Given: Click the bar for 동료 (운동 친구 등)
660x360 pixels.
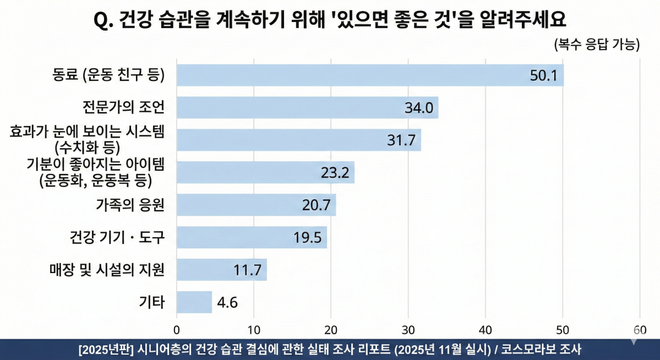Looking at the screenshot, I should point(370,75).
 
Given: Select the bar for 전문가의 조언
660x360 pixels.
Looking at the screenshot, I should point(307,107).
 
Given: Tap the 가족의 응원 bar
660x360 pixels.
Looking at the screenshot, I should point(256,205).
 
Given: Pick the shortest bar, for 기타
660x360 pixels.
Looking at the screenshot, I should point(194,302).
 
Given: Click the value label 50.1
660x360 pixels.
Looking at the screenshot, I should point(543,75).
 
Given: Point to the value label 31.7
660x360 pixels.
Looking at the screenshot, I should point(401,140).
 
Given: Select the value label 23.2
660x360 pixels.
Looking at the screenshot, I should point(335,173).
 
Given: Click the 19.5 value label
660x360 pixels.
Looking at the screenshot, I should point(307,238).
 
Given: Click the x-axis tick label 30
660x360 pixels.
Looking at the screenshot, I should point(408,330).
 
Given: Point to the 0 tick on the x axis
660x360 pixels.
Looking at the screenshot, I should point(177,330).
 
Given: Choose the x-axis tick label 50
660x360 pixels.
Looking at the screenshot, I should point(563,330).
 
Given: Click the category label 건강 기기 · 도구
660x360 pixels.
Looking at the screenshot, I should point(117,238).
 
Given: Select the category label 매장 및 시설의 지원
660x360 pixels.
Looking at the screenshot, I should point(107,270).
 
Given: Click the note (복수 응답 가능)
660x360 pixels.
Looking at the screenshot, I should point(597,45).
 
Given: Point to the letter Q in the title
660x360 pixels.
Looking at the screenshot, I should point(101,20).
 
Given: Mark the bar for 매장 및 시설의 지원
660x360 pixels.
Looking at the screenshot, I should point(221,270).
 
